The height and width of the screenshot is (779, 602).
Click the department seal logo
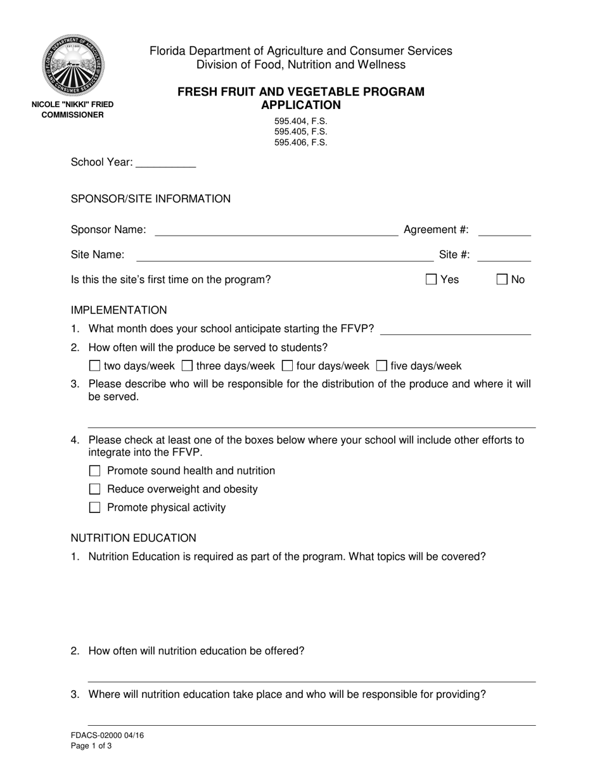coord(73,64)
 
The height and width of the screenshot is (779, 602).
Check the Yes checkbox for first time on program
coord(432,279)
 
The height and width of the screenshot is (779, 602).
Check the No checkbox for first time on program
coord(503,279)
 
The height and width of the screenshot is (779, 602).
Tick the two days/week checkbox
coord(95,365)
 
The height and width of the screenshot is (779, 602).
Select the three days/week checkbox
coord(187,365)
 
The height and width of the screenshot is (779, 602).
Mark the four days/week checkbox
coord(287,365)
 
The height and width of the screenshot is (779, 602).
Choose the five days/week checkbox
coord(381,365)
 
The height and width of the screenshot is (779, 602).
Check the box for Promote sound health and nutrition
coord(95,471)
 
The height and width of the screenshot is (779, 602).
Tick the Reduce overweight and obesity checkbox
coord(95,489)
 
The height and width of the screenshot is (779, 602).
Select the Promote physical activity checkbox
coord(95,507)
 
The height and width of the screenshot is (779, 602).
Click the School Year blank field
coord(166,162)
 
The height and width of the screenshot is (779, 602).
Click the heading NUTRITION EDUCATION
coord(134,538)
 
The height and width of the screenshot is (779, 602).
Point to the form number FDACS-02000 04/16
coord(103,735)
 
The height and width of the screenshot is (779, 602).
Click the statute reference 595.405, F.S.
coord(301,132)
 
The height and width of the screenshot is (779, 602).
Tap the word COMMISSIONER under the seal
coord(73,115)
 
